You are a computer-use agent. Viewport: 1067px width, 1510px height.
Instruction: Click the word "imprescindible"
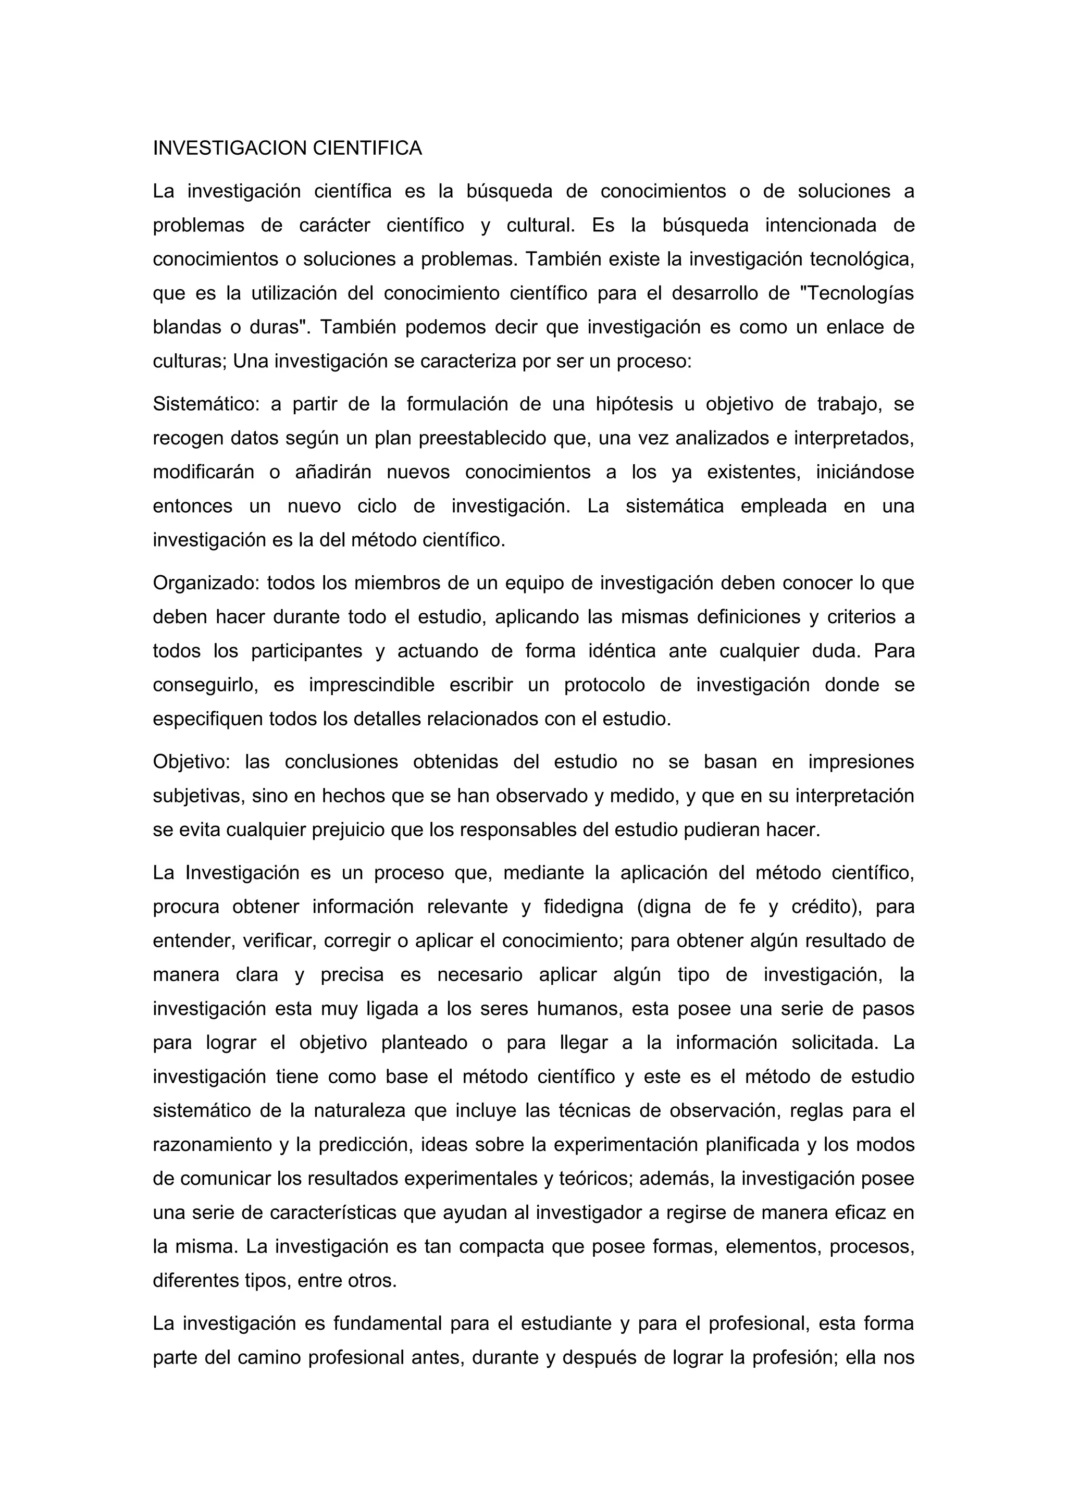[x=371, y=686]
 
